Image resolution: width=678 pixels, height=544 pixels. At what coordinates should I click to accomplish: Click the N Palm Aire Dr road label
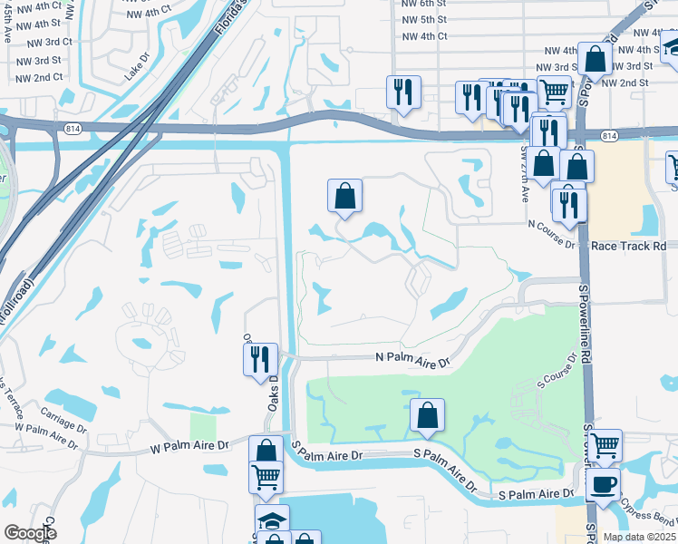(413, 360)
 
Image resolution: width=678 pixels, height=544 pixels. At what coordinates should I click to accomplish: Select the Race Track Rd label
(628, 246)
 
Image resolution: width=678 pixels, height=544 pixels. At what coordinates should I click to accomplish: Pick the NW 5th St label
(424, 19)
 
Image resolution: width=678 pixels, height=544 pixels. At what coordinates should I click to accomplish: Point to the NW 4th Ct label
(424, 35)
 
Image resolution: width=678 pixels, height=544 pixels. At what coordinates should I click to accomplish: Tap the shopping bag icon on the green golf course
(427, 415)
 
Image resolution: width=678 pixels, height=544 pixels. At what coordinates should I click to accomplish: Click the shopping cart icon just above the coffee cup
(605, 445)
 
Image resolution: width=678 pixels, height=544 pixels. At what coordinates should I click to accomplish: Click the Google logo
(31, 533)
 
